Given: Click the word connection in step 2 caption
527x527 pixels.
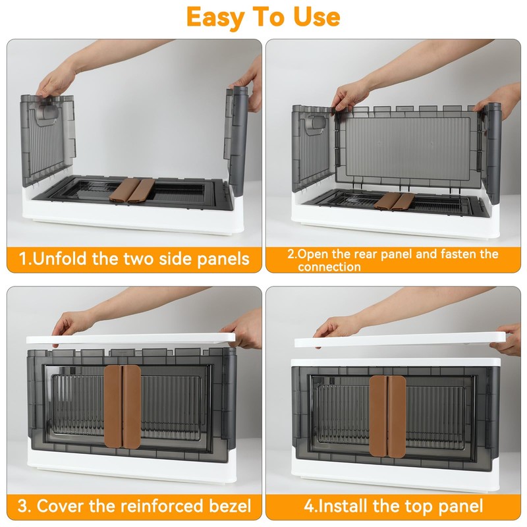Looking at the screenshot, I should tap(329, 267).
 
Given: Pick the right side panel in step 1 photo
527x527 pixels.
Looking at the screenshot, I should tap(236, 132).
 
